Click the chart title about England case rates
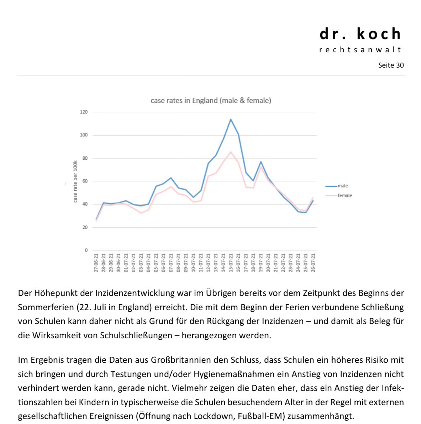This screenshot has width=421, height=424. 211,101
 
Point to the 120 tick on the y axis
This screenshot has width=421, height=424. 84,112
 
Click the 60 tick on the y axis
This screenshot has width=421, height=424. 85,181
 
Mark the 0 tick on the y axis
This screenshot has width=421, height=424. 86,250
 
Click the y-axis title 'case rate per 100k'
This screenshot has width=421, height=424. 75,182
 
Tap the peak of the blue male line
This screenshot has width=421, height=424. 231,119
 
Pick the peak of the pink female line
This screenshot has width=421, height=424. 231,152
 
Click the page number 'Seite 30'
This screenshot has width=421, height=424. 391,65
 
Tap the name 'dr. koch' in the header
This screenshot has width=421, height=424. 361,34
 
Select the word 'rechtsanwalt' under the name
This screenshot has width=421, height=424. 361,50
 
